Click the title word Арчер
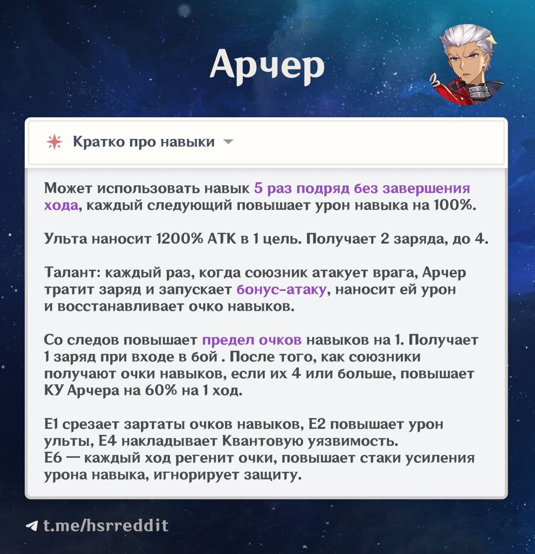[x=267, y=67]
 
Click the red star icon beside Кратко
[x=54, y=142]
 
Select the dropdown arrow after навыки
[x=228, y=142]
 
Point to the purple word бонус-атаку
[x=281, y=290]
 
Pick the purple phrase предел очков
[x=251, y=340]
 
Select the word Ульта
[x=65, y=238]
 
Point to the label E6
[x=53, y=458]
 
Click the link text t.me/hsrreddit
[x=106, y=525]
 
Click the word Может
[x=68, y=188]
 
